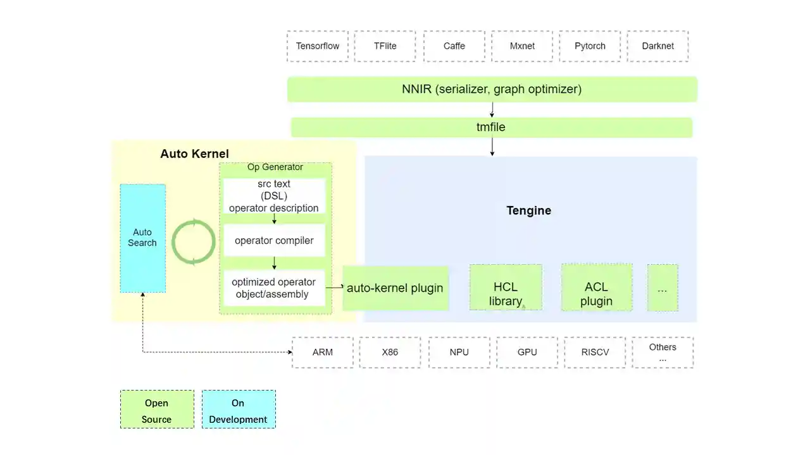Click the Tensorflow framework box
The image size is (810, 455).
click(318, 46)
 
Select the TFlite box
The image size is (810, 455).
click(385, 46)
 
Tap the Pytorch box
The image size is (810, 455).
click(590, 46)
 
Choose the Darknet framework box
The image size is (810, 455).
click(657, 46)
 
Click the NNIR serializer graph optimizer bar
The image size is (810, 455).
click(492, 89)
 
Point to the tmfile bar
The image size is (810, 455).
click(491, 127)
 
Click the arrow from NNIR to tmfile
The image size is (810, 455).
click(492, 110)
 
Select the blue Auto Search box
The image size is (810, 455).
click(143, 238)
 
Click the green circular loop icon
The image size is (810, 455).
click(194, 242)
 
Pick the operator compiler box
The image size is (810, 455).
click(274, 240)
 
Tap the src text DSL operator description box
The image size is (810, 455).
click(274, 196)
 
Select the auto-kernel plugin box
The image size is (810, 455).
click(395, 288)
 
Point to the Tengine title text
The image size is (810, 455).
click(528, 210)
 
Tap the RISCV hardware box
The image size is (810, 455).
click(595, 352)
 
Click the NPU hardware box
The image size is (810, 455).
click(459, 352)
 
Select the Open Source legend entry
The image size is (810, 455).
click(157, 410)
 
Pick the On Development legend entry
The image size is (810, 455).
click(239, 410)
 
